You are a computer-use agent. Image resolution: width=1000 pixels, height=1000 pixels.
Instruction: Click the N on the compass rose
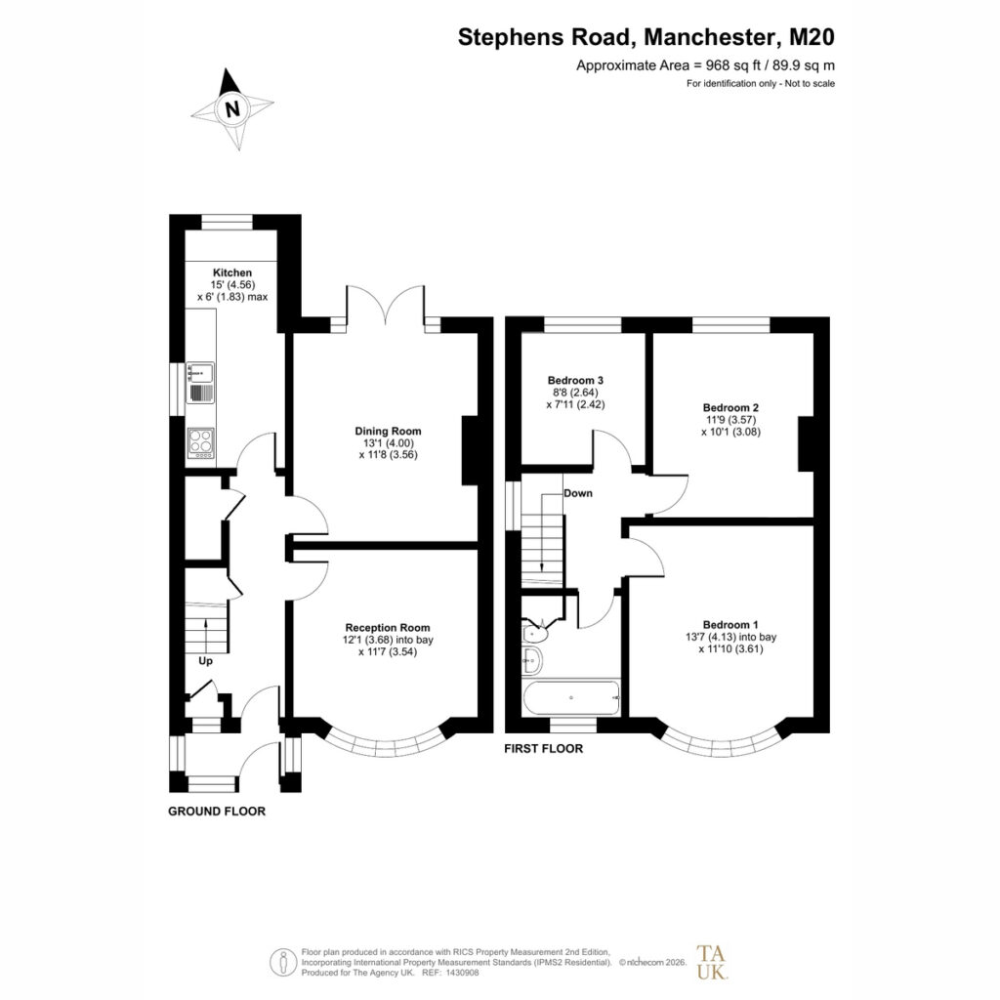tap(232, 109)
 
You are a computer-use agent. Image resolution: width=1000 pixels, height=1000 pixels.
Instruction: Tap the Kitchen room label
tap(232, 272)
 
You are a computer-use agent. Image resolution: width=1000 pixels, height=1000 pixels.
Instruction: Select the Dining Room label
tap(388, 431)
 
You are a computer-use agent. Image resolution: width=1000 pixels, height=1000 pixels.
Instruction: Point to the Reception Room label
tap(388, 628)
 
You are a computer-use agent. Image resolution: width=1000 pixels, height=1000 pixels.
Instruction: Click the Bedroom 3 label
tap(575, 380)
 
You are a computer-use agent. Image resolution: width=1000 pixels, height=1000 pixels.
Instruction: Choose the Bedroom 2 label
tap(730, 407)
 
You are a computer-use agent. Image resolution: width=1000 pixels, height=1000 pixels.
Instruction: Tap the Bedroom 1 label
tap(730, 625)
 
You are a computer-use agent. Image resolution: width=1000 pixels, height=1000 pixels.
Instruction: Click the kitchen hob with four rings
tap(201, 442)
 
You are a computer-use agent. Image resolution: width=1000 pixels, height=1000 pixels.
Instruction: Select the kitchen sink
tap(200, 383)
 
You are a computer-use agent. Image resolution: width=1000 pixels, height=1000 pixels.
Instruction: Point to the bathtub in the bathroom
tap(571, 697)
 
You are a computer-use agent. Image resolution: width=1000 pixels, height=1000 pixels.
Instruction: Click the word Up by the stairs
tap(205, 661)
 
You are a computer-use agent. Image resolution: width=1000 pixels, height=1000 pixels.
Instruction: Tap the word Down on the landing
tap(578, 493)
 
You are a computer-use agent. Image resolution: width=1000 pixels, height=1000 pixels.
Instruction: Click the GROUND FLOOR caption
tap(217, 812)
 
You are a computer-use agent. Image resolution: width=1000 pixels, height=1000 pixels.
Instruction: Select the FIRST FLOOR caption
tap(543, 749)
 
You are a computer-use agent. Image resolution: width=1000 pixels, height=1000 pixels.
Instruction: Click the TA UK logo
tap(711, 962)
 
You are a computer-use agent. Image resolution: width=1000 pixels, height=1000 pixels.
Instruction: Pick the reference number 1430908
tap(462, 973)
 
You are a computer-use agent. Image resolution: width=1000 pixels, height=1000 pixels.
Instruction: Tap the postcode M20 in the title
tap(812, 37)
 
